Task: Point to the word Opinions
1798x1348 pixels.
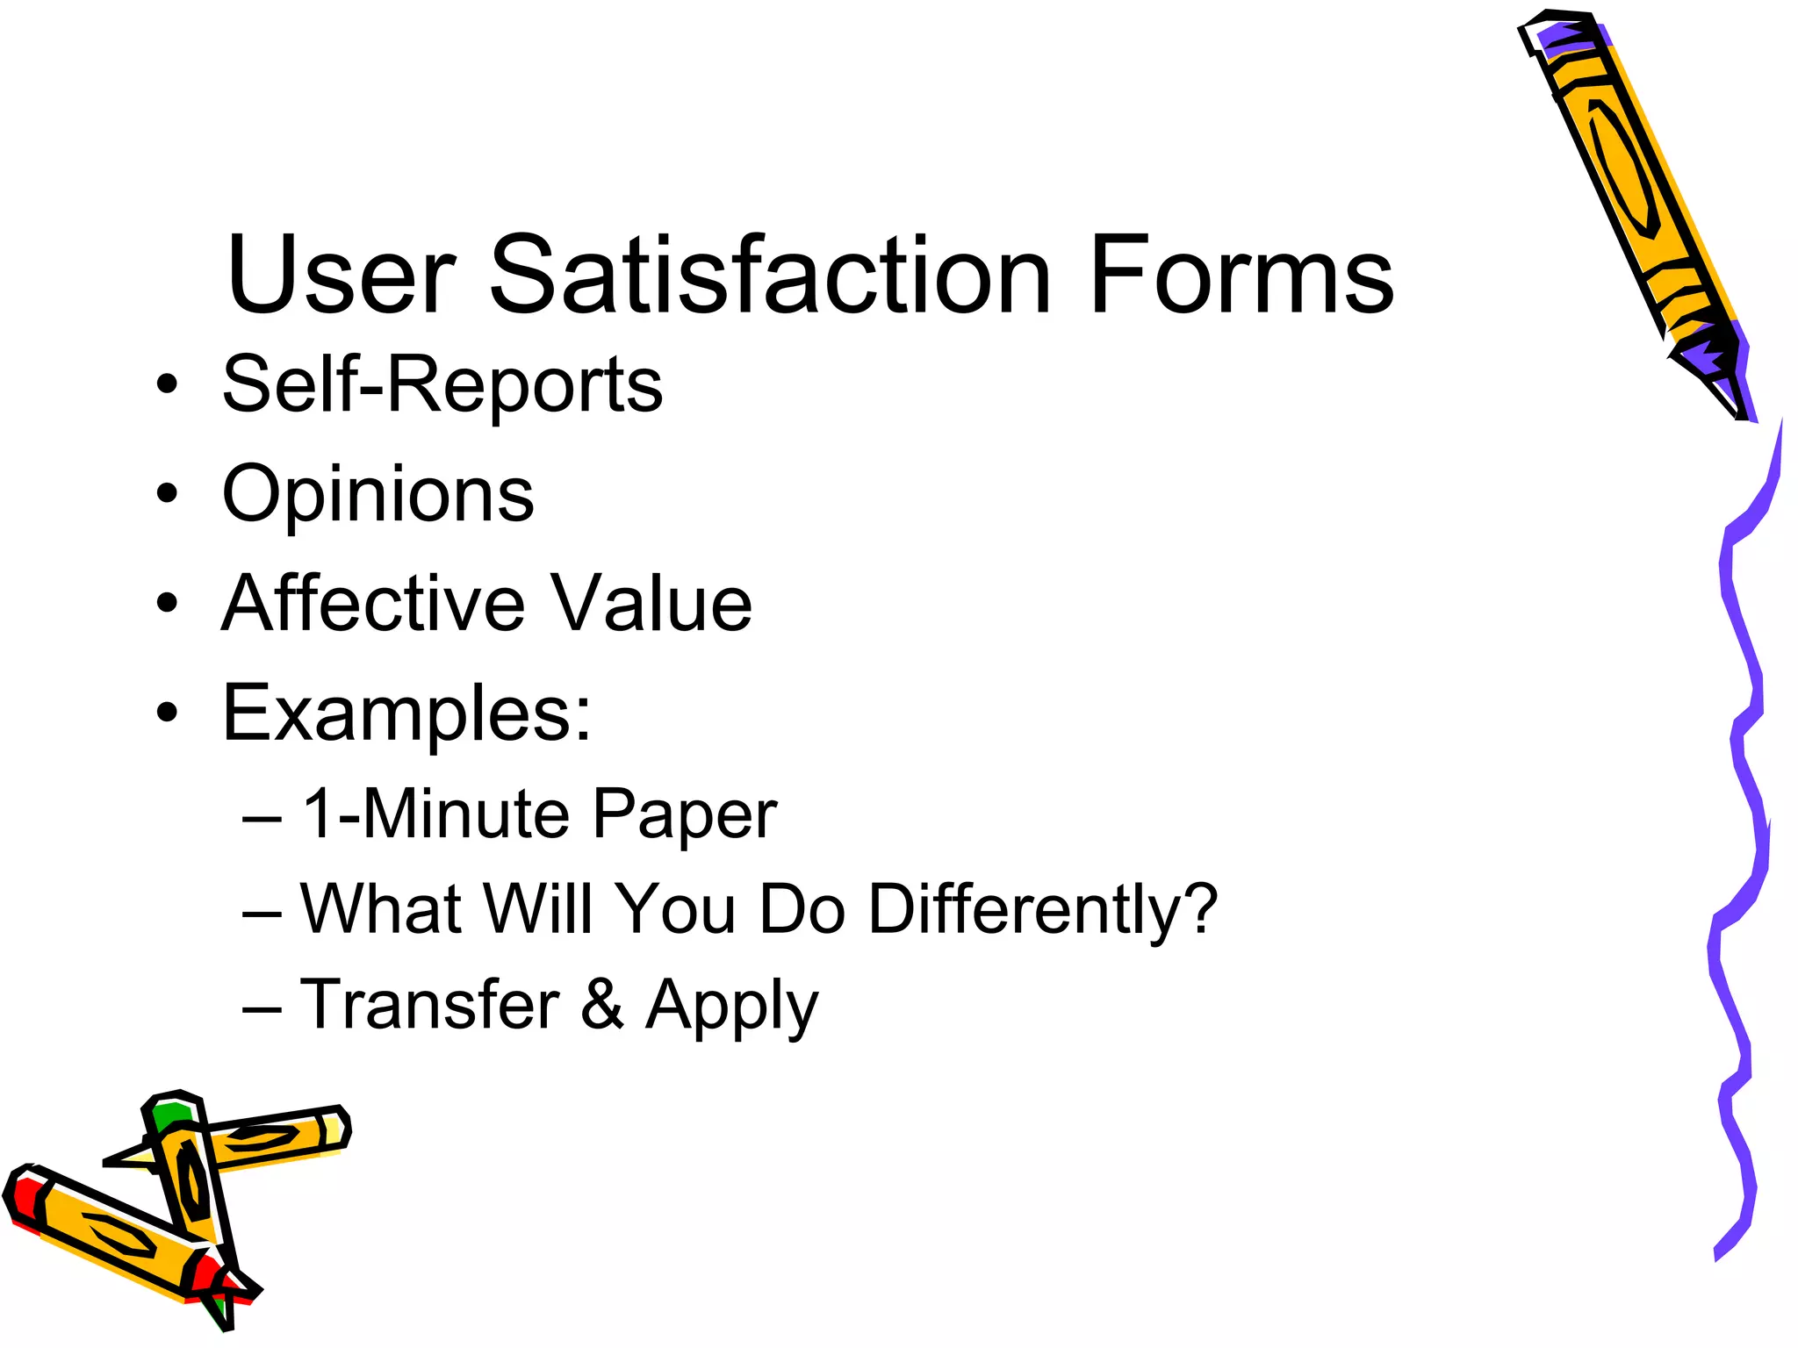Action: (378, 494)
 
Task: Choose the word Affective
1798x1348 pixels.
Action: (374, 603)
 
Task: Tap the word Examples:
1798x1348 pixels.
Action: (407, 713)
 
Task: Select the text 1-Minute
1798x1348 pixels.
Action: (435, 814)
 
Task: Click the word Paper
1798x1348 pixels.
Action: (684, 815)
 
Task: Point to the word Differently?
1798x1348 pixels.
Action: (1042, 909)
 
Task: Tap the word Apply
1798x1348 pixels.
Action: (731, 1007)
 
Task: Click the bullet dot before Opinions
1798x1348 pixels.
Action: (167, 493)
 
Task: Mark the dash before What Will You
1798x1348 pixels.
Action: (262, 913)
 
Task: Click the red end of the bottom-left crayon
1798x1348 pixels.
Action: (22, 1198)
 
